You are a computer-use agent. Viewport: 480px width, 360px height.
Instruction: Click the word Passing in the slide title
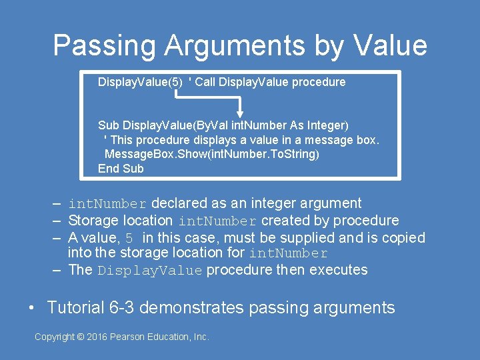103,46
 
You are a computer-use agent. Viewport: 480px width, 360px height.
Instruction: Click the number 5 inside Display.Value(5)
175,82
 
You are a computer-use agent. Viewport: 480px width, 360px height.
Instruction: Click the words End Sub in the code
121,169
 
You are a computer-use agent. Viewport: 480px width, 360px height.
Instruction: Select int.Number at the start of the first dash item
107,203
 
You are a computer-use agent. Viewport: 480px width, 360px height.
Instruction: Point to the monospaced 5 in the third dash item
130,238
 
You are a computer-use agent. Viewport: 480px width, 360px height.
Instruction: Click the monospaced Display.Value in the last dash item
149,270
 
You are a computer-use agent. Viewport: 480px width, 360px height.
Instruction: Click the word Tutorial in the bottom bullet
76,307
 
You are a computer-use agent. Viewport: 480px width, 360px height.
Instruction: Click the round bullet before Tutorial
32,308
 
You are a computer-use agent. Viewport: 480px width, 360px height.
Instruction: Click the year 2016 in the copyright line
97,337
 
